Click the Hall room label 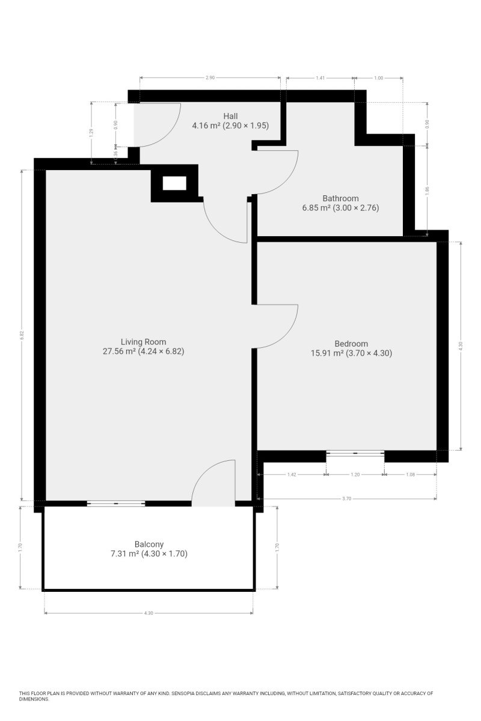coord(230,116)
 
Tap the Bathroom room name coord(340,198)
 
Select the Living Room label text coord(143,342)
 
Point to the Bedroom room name coord(351,344)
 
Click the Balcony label coord(149,544)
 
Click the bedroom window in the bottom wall coord(355,453)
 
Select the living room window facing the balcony coord(116,503)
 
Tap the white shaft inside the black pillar coord(174,183)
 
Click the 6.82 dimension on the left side coord(22,335)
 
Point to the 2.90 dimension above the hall coord(210,78)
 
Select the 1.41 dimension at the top coord(320,78)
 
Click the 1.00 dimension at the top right coord(379,78)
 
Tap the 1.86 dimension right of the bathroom coord(427,191)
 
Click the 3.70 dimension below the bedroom coord(347,499)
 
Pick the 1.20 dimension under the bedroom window coord(355,475)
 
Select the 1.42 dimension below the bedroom coord(292,475)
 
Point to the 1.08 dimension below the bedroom coord(411,475)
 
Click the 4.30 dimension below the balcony coord(149,613)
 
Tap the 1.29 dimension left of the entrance coord(91,132)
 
